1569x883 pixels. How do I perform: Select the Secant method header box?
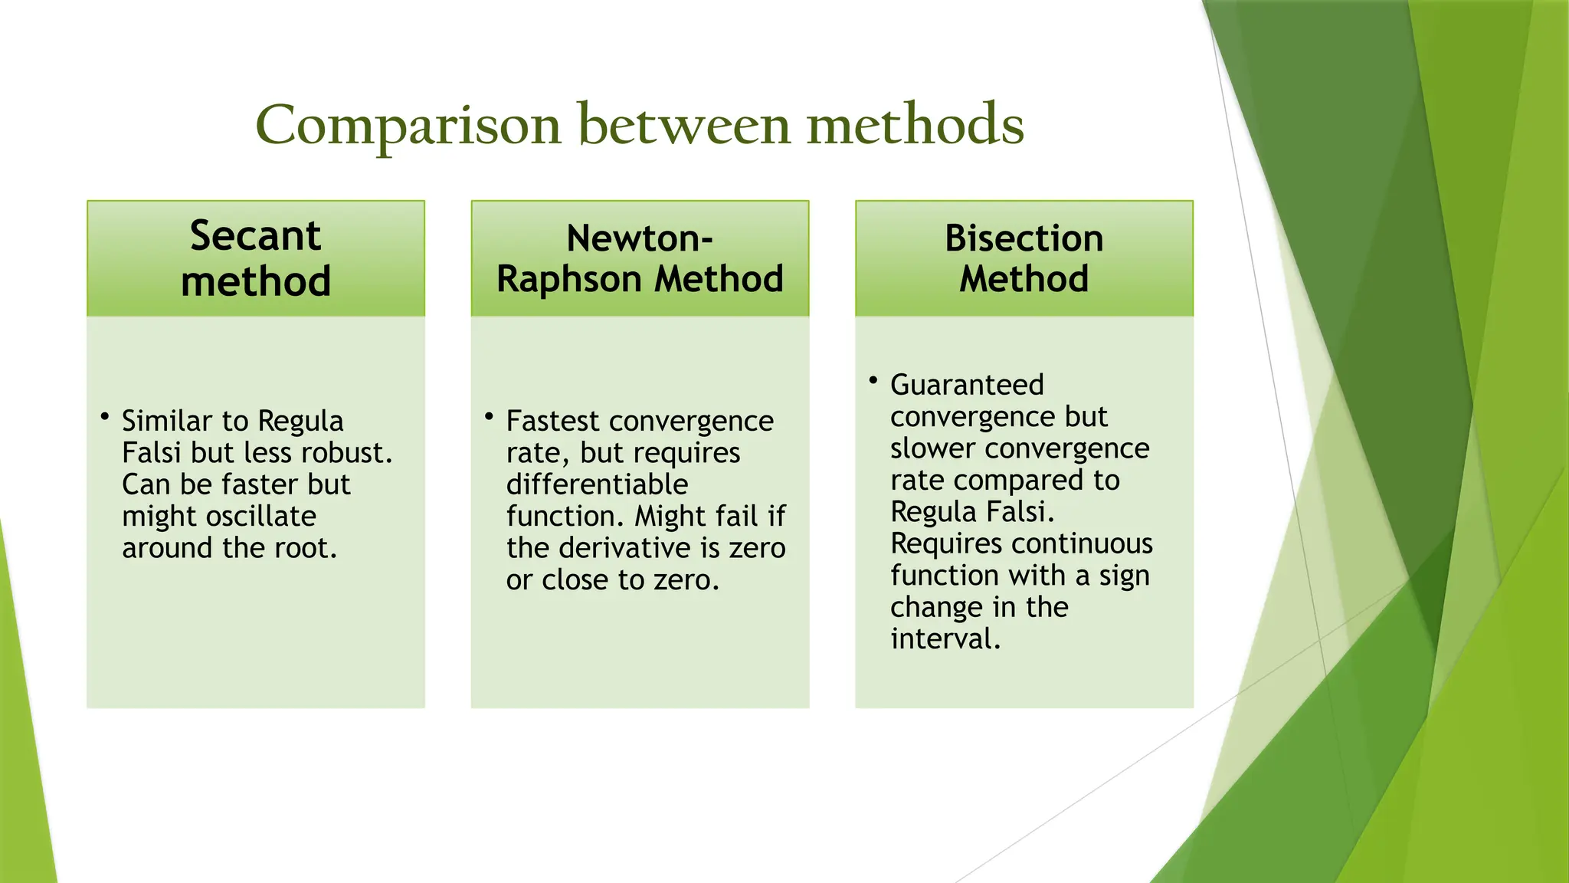pos(256,258)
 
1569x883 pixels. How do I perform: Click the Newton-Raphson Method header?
pos(640,258)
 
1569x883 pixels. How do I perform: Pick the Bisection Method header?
pos(1024,258)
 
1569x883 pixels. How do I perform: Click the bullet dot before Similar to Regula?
pos(105,417)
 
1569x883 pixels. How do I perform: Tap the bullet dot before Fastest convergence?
pos(489,417)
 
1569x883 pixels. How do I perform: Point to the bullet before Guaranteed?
pos(873,380)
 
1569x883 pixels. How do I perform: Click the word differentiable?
pos(597,484)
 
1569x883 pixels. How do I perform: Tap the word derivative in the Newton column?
pos(628,548)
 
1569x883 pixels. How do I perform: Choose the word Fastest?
pos(552,421)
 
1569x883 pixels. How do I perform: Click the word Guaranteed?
pos(967,385)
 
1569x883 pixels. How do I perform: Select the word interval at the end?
pos(944,638)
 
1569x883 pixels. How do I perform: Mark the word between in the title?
pos(683,125)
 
